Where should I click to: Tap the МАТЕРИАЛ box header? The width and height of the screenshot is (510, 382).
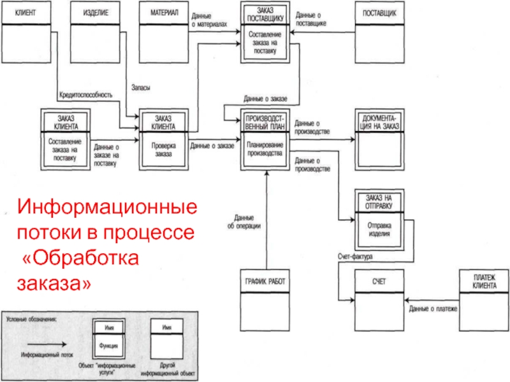(x=164, y=13)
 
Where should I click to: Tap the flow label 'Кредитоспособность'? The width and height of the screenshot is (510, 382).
(x=85, y=95)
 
